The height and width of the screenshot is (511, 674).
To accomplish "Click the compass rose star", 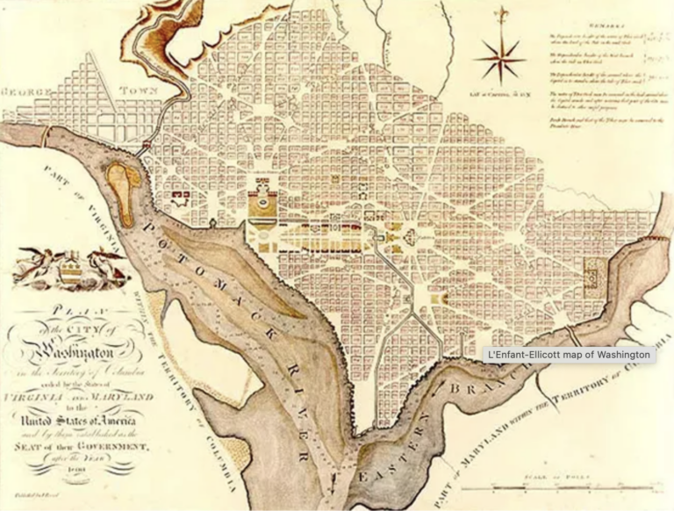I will (x=498, y=60).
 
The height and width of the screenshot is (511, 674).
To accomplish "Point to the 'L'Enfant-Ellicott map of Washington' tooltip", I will (x=570, y=355).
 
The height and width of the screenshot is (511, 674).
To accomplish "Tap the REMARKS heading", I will (x=605, y=27).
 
